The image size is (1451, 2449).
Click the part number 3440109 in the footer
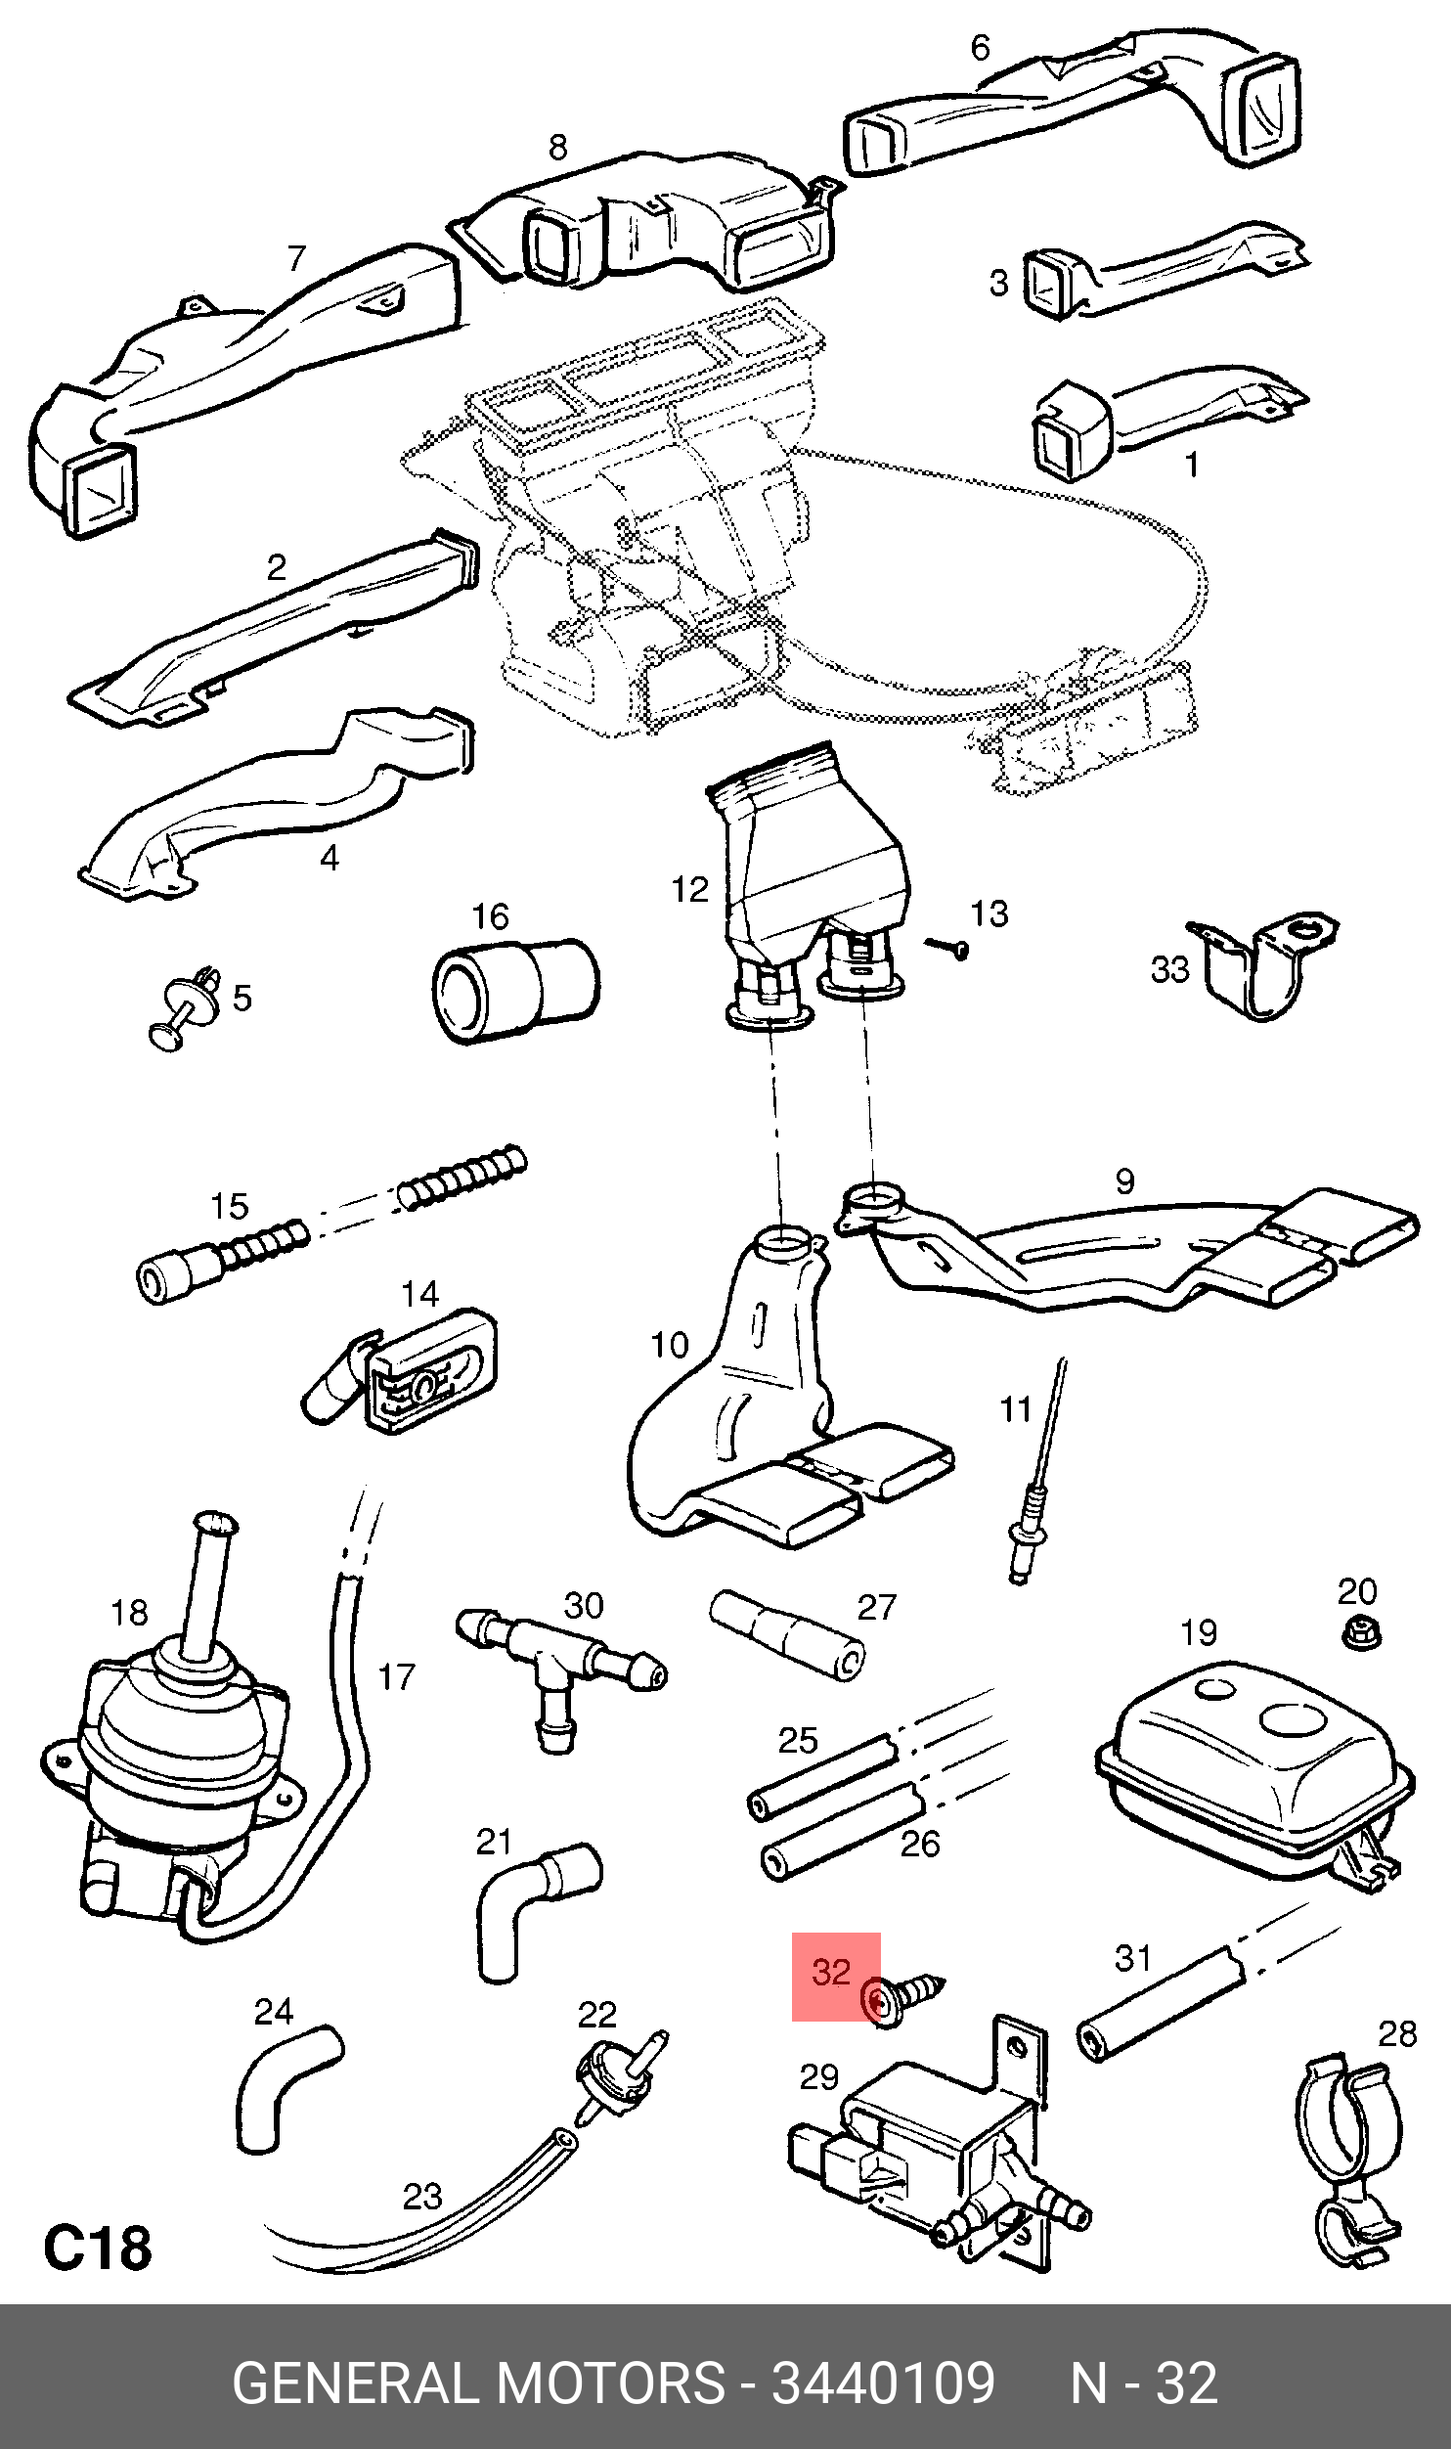click(x=884, y=2382)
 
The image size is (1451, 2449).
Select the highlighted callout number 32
click(x=831, y=1971)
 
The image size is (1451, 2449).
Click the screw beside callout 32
click(x=902, y=1996)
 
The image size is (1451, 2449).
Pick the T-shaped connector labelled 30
click(x=560, y=1673)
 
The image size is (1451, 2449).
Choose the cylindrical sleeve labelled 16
click(x=515, y=991)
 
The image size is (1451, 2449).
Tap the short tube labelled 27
click(x=788, y=1635)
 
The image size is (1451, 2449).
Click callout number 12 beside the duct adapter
click(x=689, y=889)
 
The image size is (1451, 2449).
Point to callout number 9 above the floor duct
click(x=1125, y=1180)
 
